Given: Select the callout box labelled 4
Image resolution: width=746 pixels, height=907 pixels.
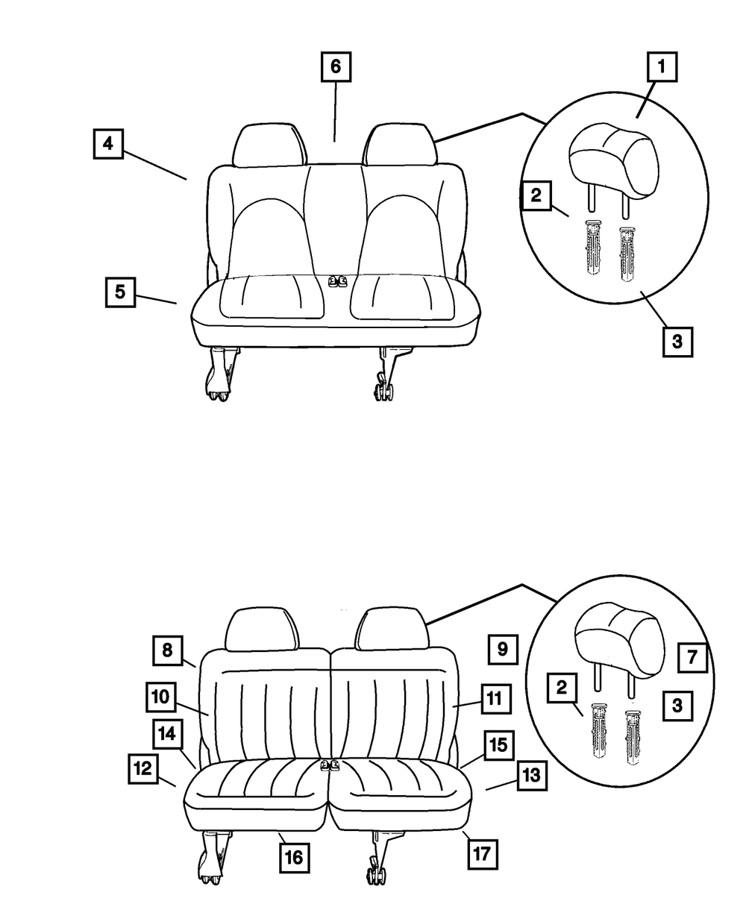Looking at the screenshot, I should pos(108,143).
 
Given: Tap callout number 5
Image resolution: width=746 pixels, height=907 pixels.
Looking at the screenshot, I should pos(119,291).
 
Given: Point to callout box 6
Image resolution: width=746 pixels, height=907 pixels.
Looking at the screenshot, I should pos(336,66).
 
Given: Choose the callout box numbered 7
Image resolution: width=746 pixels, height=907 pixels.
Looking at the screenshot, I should pos(692,658).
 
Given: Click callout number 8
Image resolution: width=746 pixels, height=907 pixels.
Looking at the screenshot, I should pos(168,650).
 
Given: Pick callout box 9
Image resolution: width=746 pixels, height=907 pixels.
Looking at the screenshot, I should pos(502,649).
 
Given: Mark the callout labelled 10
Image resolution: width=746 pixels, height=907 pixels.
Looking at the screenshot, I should pos(160,697).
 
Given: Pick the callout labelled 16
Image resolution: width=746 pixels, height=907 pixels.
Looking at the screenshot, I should pos(295,858).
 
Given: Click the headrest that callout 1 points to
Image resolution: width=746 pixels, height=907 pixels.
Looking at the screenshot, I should pos(613,155).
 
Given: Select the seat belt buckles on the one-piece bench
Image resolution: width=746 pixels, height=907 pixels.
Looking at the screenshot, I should pos(338,281).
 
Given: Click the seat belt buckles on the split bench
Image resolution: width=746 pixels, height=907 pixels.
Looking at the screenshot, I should pos(328,765).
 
